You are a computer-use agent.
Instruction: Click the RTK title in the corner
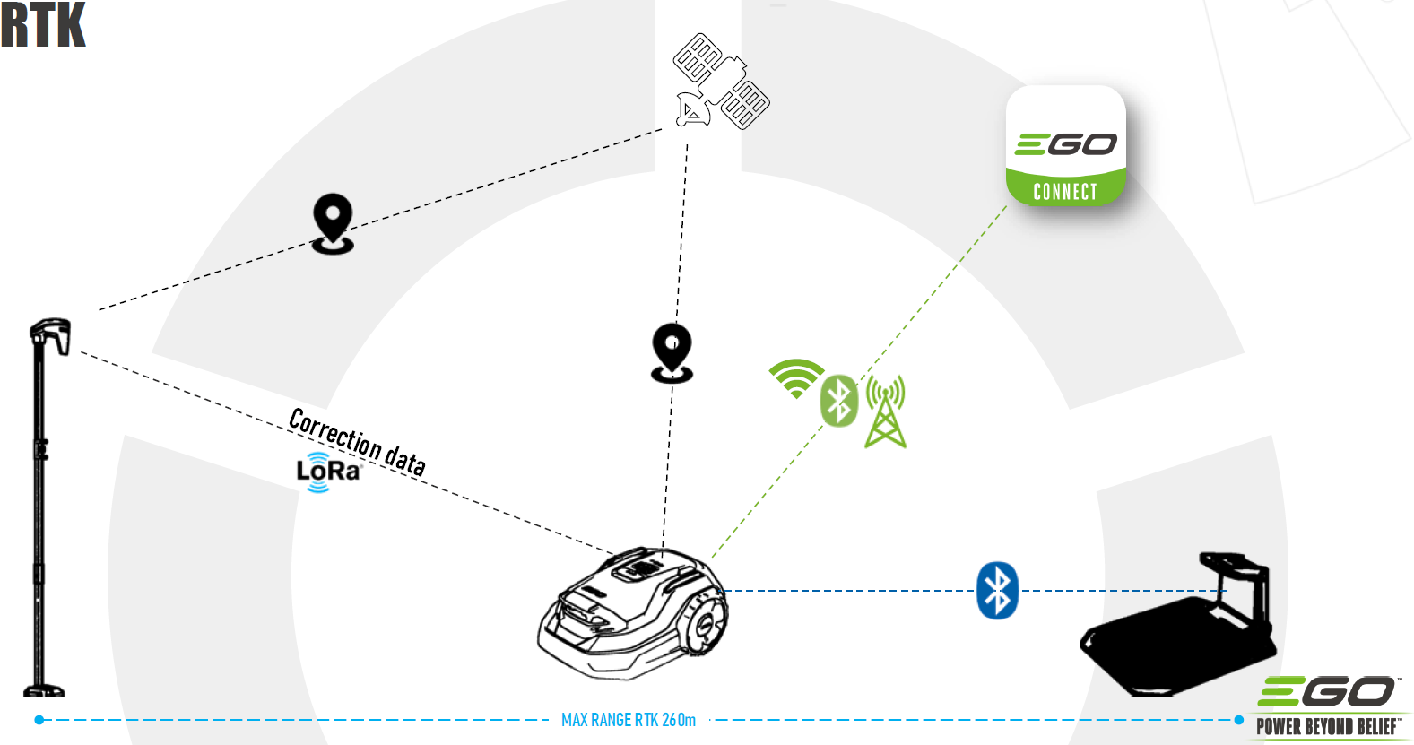(x=43, y=24)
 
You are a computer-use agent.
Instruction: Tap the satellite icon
(x=721, y=82)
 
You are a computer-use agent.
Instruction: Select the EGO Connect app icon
(x=1065, y=144)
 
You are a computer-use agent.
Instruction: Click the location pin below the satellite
(x=672, y=352)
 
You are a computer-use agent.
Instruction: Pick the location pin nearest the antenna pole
(x=333, y=223)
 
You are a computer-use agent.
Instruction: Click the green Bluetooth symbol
(x=839, y=401)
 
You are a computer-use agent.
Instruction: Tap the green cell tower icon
(x=886, y=411)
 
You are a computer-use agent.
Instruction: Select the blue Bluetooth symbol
(x=997, y=591)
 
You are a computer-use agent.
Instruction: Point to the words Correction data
(x=357, y=440)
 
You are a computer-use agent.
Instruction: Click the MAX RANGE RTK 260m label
(x=628, y=720)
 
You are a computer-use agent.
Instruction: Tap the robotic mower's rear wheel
(x=705, y=621)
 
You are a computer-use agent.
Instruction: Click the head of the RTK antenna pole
(x=51, y=334)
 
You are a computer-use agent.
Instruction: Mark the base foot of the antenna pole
(x=43, y=690)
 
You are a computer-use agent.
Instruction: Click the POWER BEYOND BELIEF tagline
(x=1327, y=727)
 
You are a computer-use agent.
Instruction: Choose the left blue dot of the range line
(x=39, y=720)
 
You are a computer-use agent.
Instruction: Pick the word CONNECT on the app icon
(x=1065, y=192)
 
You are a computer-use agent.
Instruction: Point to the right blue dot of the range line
(x=1239, y=720)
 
